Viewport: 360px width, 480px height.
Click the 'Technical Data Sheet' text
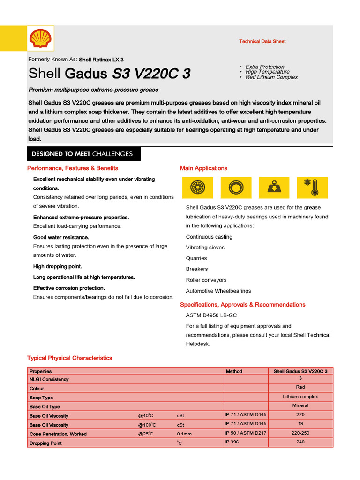(262, 41)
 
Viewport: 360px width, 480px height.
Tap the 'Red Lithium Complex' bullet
(271, 77)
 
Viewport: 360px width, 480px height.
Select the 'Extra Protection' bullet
(265, 67)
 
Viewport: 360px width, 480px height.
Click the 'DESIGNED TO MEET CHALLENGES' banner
(82, 154)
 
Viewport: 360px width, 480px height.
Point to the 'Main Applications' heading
(203, 168)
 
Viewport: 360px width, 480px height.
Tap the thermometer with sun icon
(310, 187)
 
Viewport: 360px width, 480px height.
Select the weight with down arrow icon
(272, 187)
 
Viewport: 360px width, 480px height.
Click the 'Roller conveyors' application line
(206, 280)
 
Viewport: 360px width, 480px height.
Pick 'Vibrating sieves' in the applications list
(205, 247)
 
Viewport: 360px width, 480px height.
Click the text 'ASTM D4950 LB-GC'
(211, 315)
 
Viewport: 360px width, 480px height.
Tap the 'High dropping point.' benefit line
(57, 266)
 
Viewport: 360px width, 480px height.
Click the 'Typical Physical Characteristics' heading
(69, 358)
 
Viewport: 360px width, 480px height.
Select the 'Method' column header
(234, 371)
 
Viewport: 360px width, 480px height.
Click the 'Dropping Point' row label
(45, 443)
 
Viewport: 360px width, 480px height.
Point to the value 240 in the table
(300, 442)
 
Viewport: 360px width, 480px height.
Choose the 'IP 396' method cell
(232, 442)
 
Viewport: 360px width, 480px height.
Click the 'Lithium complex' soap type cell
(300, 397)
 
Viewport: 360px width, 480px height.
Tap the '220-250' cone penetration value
(300, 433)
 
